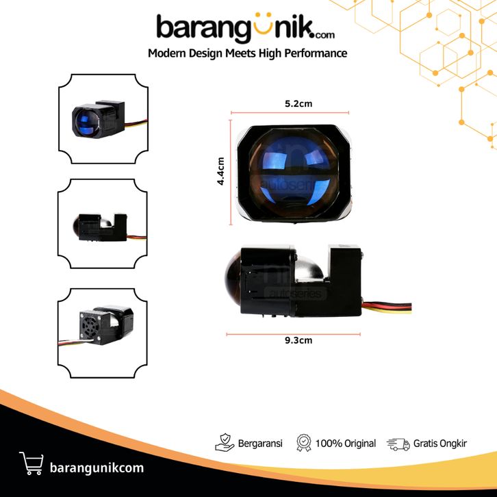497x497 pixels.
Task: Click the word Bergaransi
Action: [x=260, y=444]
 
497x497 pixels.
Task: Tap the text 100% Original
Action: [x=346, y=444]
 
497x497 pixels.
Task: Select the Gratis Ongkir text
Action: [x=440, y=444]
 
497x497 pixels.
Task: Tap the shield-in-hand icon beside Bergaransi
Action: [x=225, y=444]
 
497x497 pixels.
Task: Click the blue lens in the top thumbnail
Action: [x=86, y=122]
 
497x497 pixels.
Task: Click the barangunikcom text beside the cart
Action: [x=97, y=468]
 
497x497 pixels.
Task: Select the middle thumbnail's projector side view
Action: [x=103, y=225]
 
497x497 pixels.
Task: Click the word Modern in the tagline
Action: [x=168, y=53]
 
